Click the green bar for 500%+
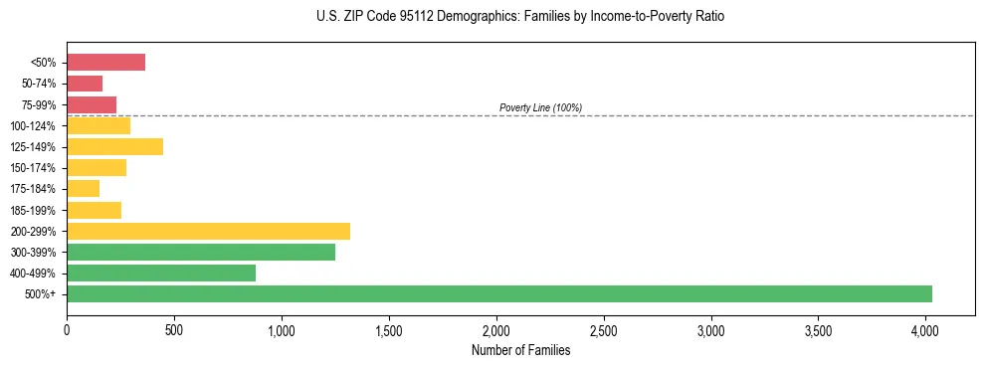point(498,294)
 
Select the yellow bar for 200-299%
point(208,231)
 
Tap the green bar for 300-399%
point(201,253)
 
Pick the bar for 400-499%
point(161,274)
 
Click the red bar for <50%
point(105,63)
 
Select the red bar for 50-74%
point(85,84)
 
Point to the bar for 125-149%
point(114,147)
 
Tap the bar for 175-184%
point(83,189)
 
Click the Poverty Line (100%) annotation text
point(540,107)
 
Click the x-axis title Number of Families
point(520,350)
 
